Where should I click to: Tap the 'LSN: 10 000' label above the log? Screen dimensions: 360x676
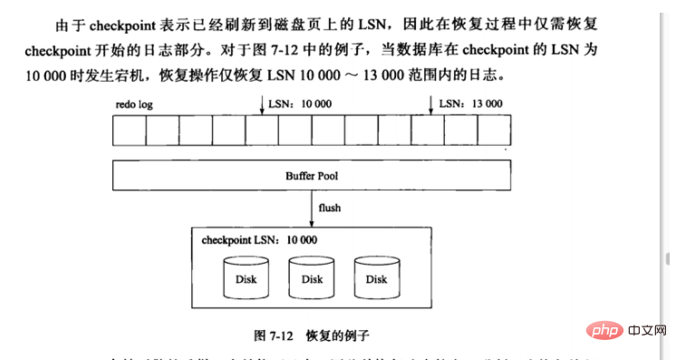click(x=301, y=104)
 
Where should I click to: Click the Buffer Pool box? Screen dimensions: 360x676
click(x=312, y=173)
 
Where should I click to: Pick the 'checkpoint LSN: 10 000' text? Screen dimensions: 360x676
click(x=253, y=240)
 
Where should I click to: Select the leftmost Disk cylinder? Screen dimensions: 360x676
click(x=246, y=279)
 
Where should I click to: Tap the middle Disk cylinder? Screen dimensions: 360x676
click(x=312, y=279)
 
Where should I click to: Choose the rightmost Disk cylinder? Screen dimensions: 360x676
click(x=377, y=279)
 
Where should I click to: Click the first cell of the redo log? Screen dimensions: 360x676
click(x=130, y=131)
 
